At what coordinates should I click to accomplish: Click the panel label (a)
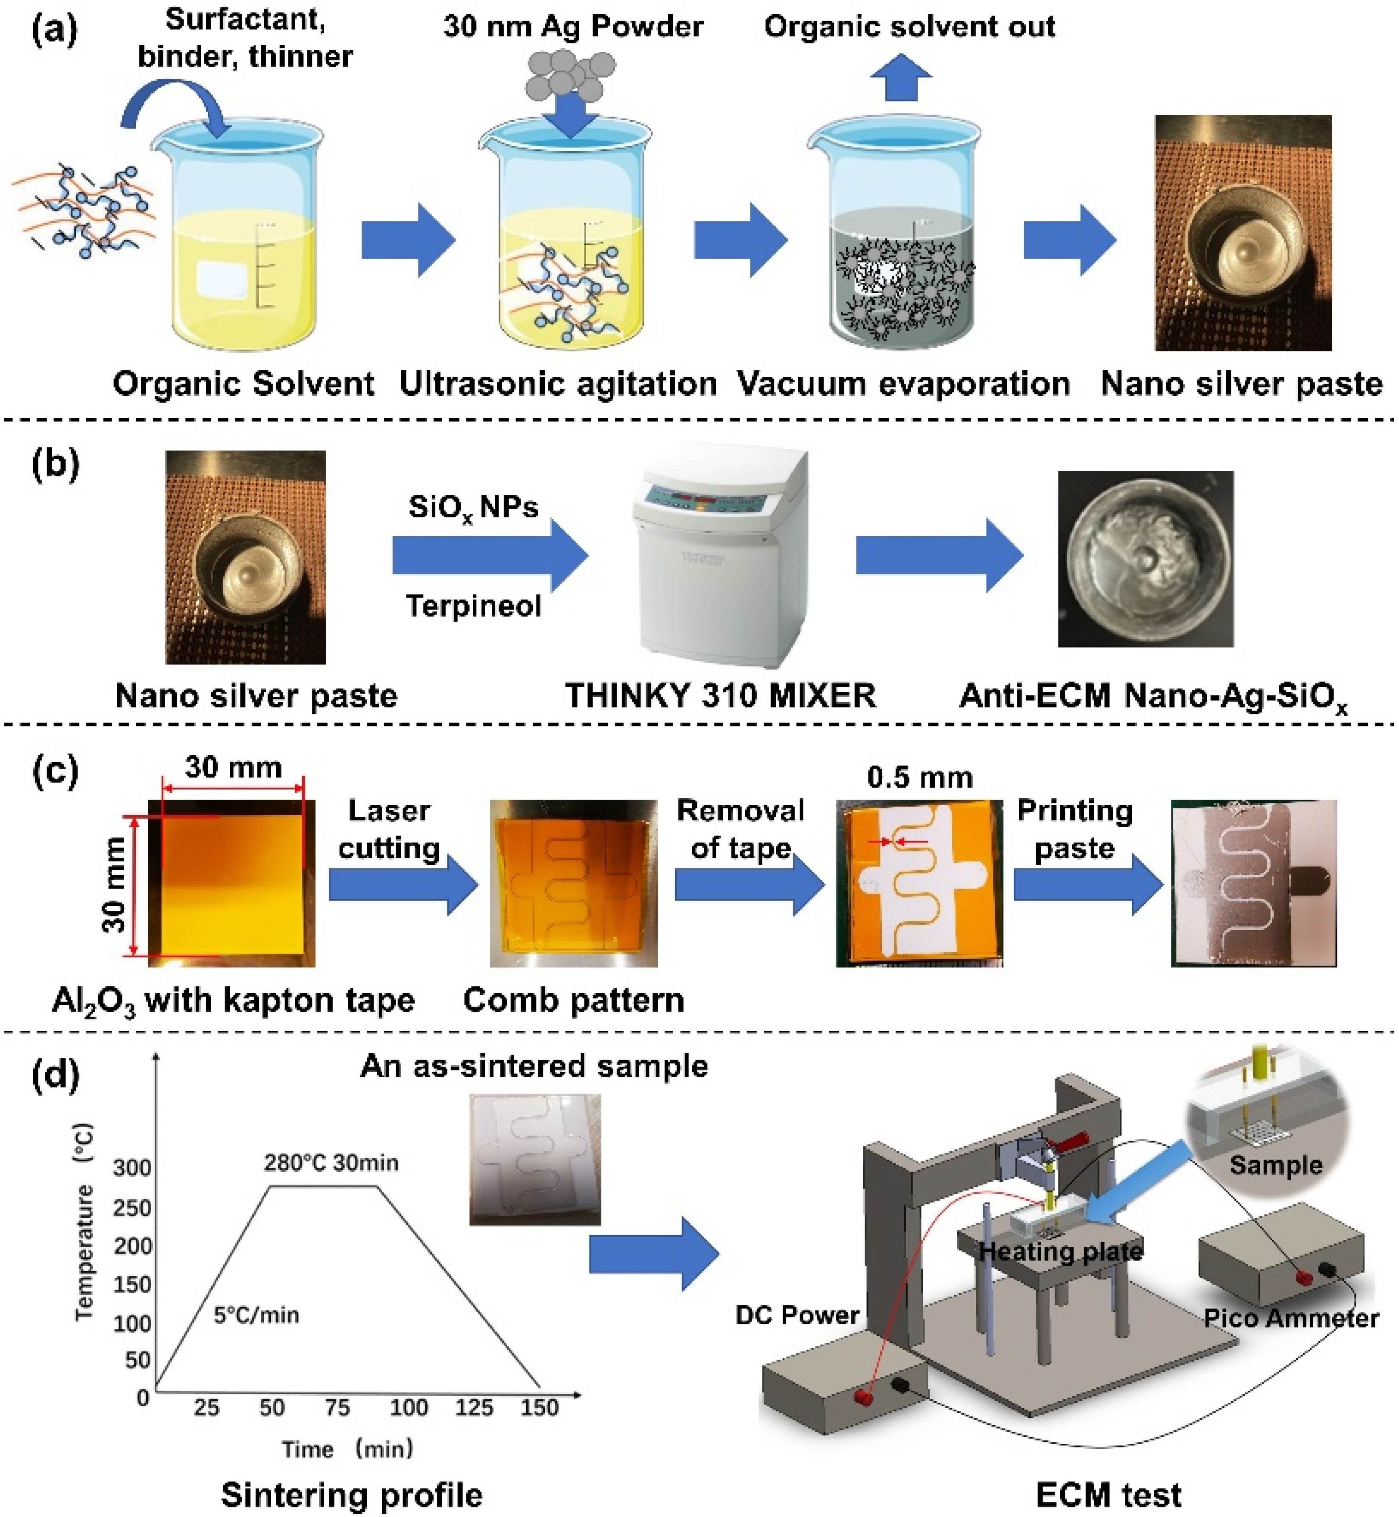(x=54, y=30)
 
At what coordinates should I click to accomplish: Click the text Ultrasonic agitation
(x=558, y=384)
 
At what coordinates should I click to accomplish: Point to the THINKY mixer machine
(x=719, y=557)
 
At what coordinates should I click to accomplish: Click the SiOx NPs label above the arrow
(x=473, y=507)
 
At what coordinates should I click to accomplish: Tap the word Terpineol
(x=473, y=606)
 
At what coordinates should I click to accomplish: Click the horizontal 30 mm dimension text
(x=233, y=767)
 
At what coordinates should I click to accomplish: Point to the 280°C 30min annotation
(x=331, y=1163)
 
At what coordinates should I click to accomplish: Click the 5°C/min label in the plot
(x=256, y=1315)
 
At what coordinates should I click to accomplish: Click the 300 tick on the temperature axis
(x=132, y=1168)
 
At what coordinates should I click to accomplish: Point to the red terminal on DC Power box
(x=861, y=1396)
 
